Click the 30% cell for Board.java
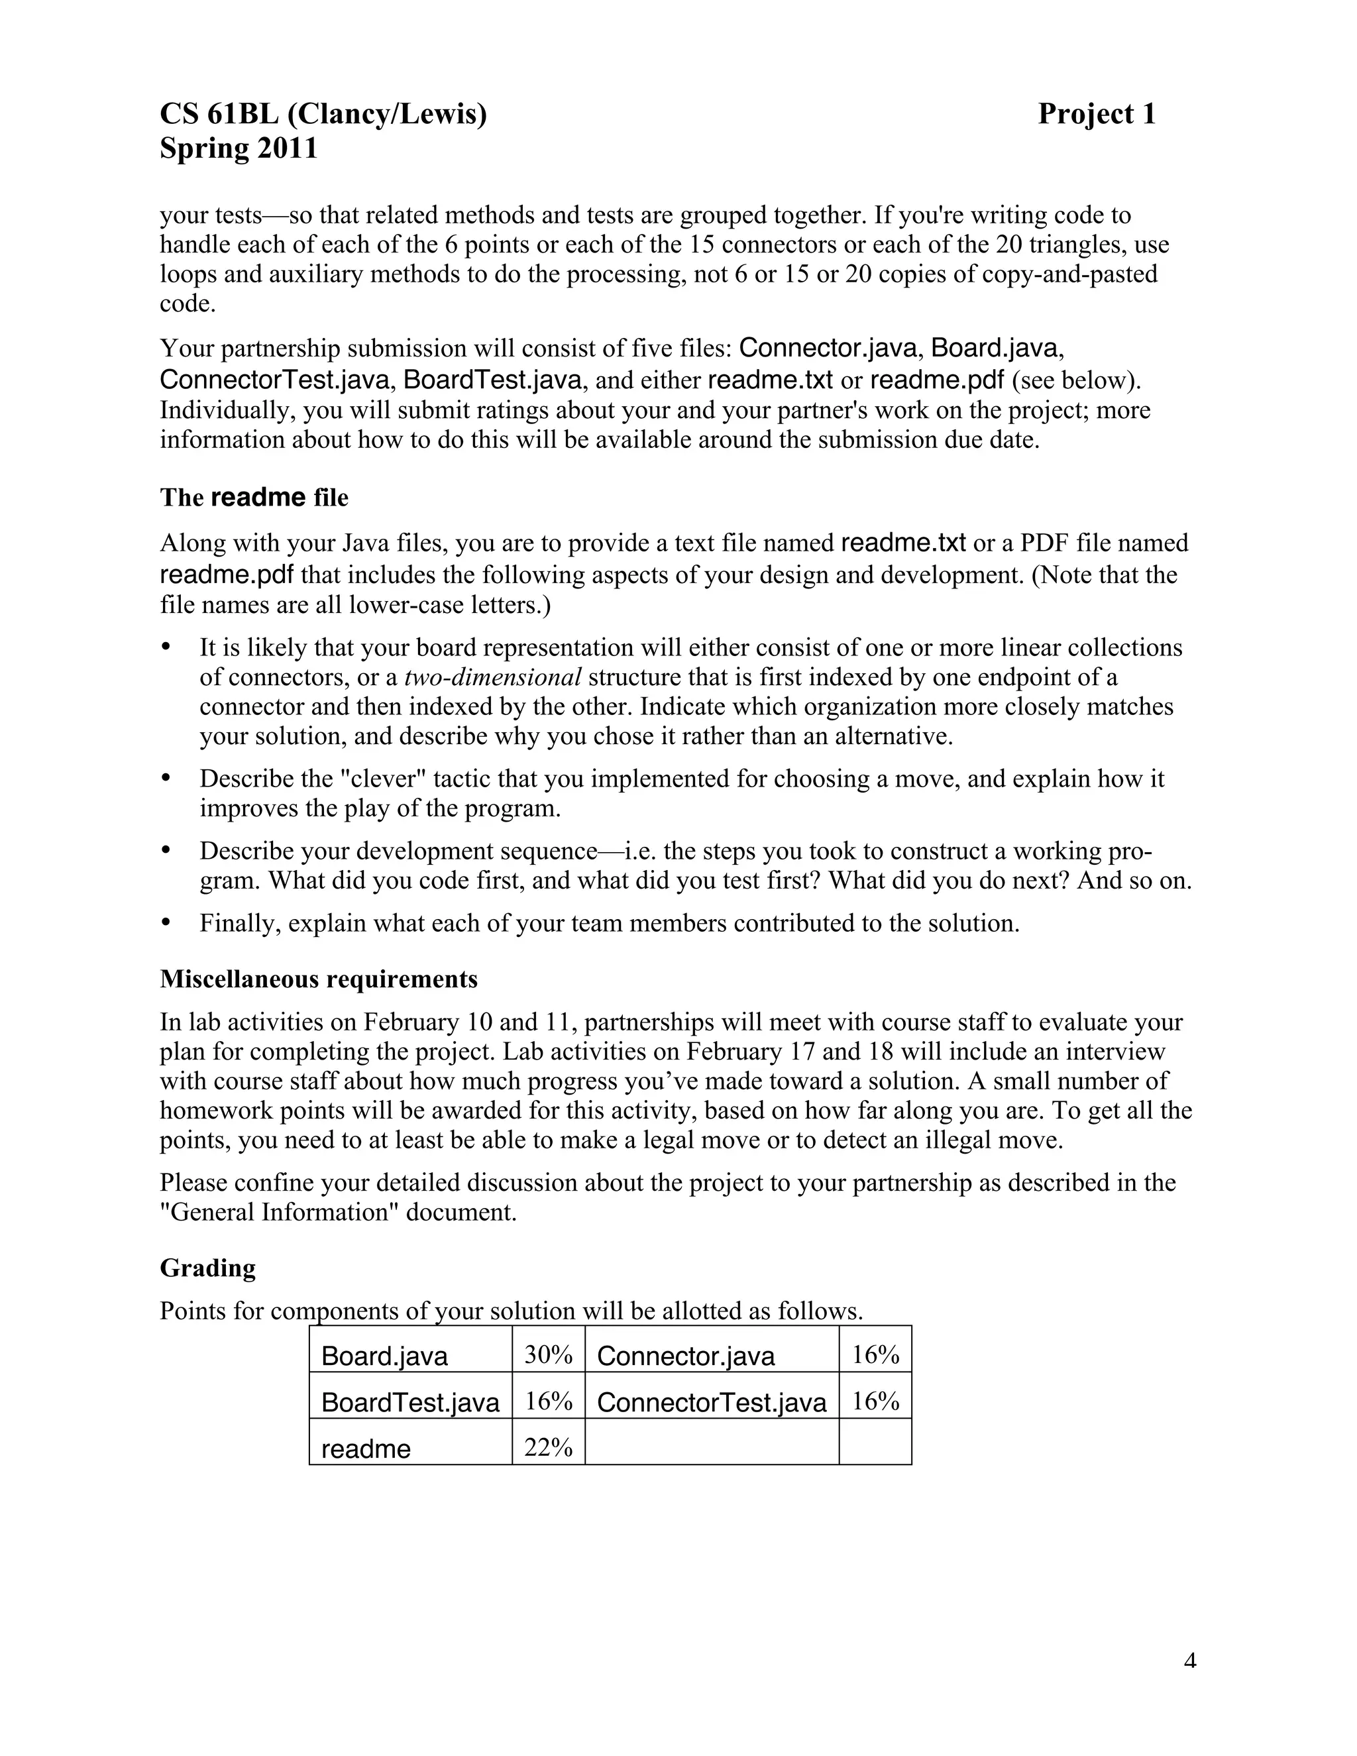point(547,1355)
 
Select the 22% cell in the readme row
point(547,1447)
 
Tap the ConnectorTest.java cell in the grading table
point(711,1401)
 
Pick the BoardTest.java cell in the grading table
point(410,1401)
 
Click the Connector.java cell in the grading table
point(686,1356)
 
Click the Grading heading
point(207,1268)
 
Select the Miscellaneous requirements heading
point(318,979)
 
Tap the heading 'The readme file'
point(254,498)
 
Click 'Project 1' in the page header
point(1097,114)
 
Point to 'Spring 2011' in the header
point(239,148)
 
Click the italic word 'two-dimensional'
point(492,677)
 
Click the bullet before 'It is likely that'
point(166,647)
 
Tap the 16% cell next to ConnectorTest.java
point(875,1401)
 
